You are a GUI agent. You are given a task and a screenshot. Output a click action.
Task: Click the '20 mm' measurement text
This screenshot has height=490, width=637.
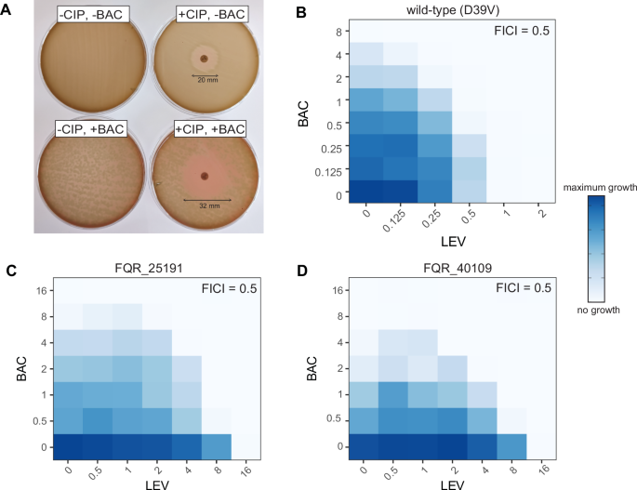coord(205,81)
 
